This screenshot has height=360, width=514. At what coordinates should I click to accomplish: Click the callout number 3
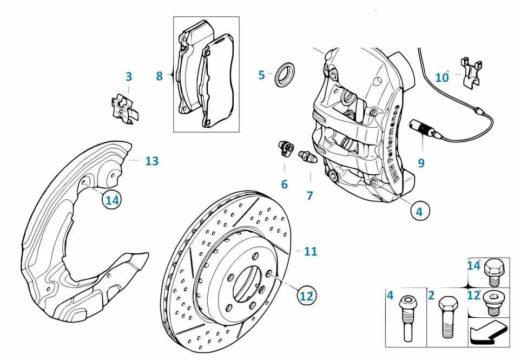pyautogui.click(x=128, y=77)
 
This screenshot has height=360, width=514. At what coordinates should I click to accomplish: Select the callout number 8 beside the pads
pyautogui.click(x=159, y=76)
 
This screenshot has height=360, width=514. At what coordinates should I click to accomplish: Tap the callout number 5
pyautogui.click(x=262, y=75)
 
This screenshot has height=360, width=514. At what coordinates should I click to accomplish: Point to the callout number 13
pyautogui.click(x=152, y=161)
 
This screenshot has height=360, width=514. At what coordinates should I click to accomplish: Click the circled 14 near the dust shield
pyautogui.click(x=111, y=200)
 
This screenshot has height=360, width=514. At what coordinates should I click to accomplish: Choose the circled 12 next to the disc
pyautogui.click(x=306, y=296)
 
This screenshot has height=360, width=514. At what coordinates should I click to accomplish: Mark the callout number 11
pyautogui.click(x=310, y=251)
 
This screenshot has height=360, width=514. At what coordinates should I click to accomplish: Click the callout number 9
pyautogui.click(x=421, y=162)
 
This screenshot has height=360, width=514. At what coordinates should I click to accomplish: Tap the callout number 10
pyautogui.click(x=442, y=78)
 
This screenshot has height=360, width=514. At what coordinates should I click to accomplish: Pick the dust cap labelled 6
pyautogui.click(x=285, y=147)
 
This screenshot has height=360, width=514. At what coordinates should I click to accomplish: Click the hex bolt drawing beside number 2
pyautogui.click(x=447, y=317)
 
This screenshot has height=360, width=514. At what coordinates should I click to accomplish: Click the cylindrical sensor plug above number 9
pyautogui.click(x=422, y=128)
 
